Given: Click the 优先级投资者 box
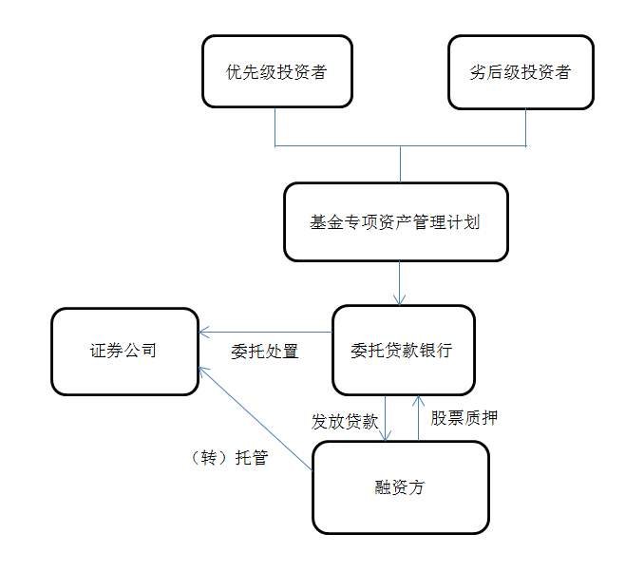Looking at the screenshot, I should coord(276,71).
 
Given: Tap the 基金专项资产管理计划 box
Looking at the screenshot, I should coord(395,222).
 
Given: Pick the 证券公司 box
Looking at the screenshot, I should coord(123,351).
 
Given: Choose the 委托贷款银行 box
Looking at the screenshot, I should coord(402,350).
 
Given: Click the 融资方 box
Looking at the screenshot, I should coord(400,487).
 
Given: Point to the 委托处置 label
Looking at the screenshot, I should coord(265,352).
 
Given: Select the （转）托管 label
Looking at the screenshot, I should coord(228,458).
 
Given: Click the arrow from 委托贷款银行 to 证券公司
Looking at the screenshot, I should coord(265,333).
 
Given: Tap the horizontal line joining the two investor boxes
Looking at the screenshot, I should coord(399,146).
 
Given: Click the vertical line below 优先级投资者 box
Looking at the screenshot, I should coord(275,126).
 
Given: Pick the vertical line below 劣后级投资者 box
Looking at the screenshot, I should coord(526,126).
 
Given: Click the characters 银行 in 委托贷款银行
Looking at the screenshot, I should coord(436,350).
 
